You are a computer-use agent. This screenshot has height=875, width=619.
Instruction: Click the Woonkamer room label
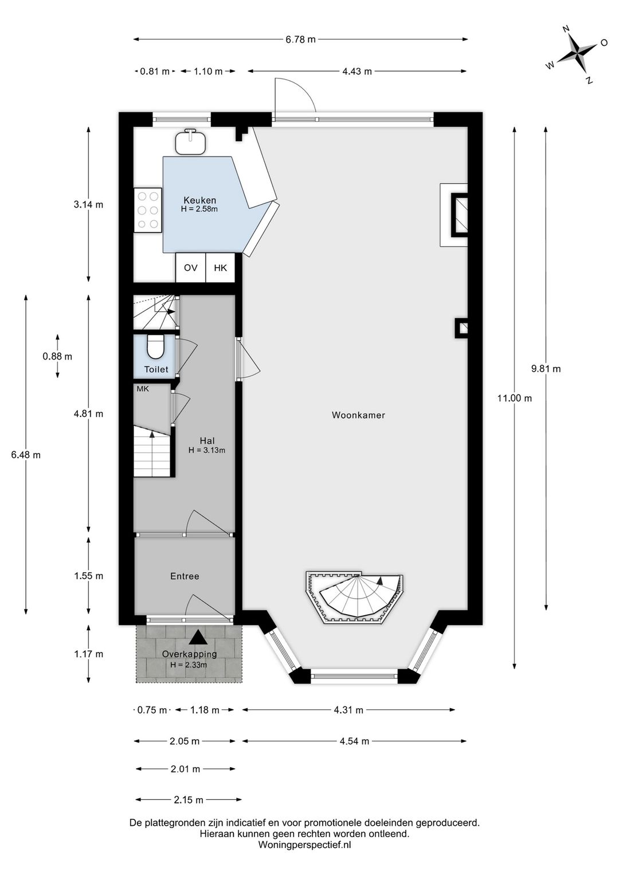(x=358, y=415)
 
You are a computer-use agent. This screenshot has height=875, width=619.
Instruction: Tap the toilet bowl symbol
(x=155, y=346)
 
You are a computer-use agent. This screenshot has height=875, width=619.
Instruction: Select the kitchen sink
(x=190, y=142)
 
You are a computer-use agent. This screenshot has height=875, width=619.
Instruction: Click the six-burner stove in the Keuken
(x=148, y=210)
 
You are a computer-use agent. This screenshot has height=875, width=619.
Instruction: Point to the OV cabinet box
(x=191, y=268)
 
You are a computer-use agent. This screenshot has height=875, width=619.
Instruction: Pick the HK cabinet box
(x=220, y=268)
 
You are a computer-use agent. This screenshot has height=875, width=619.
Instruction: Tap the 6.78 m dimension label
(x=300, y=39)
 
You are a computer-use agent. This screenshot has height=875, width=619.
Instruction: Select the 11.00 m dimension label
(x=514, y=398)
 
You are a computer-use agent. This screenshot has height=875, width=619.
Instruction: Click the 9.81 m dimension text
(x=546, y=368)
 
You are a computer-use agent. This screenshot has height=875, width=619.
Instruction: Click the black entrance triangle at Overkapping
(x=199, y=637)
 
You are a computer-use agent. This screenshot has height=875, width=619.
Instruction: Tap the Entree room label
(x=185, y=576)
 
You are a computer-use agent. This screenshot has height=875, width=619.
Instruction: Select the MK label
(x=143, y=389)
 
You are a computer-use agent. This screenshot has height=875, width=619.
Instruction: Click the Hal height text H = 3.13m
(x=207, y=450)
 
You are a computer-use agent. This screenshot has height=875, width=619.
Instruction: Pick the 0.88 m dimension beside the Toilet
(x=57, y=356)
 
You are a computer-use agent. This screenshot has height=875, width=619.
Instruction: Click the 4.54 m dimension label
(x=354, y=741)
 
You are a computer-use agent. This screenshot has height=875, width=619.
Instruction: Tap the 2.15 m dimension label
(x=189, y=800)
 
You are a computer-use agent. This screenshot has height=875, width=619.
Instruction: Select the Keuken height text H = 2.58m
(x=199, y=209)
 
